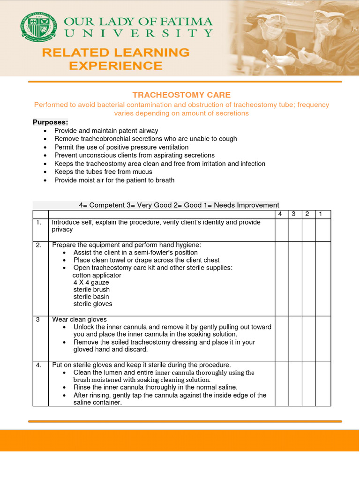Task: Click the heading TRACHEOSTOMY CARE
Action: pyautogui.click(x=181, y=95)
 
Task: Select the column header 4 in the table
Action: pyautogui.click(x=281, y=214)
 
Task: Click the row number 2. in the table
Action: pyautogui.click(x=39, y=245)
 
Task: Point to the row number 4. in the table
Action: pyautogui.click(x=39, y=365)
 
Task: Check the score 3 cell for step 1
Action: pyautogui.click(x=295, y=230)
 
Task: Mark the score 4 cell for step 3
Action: pyautogui.click(x=281, y=338)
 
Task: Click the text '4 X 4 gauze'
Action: pyautogui.click(x=91, y=283)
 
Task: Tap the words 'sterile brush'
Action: pyautogui.click(x=91, y=290)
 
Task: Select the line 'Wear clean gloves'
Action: pyautogui.click(x=79, y=320)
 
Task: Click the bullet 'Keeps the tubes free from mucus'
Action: pyautogui.click(x=103, y=172)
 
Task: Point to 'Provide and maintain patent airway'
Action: pyautogui.click(x=106, y=131)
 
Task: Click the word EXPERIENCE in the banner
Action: pyautogui.click(x=115, y=66)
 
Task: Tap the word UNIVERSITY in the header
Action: pyautogui.click(x=138, y=33)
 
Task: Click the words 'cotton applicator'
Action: pyautogui.click(x=97, y=275)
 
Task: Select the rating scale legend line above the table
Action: pyautogui.click(x=179, y=205)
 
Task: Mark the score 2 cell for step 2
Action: pyautogui.click(x=309, y=278)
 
